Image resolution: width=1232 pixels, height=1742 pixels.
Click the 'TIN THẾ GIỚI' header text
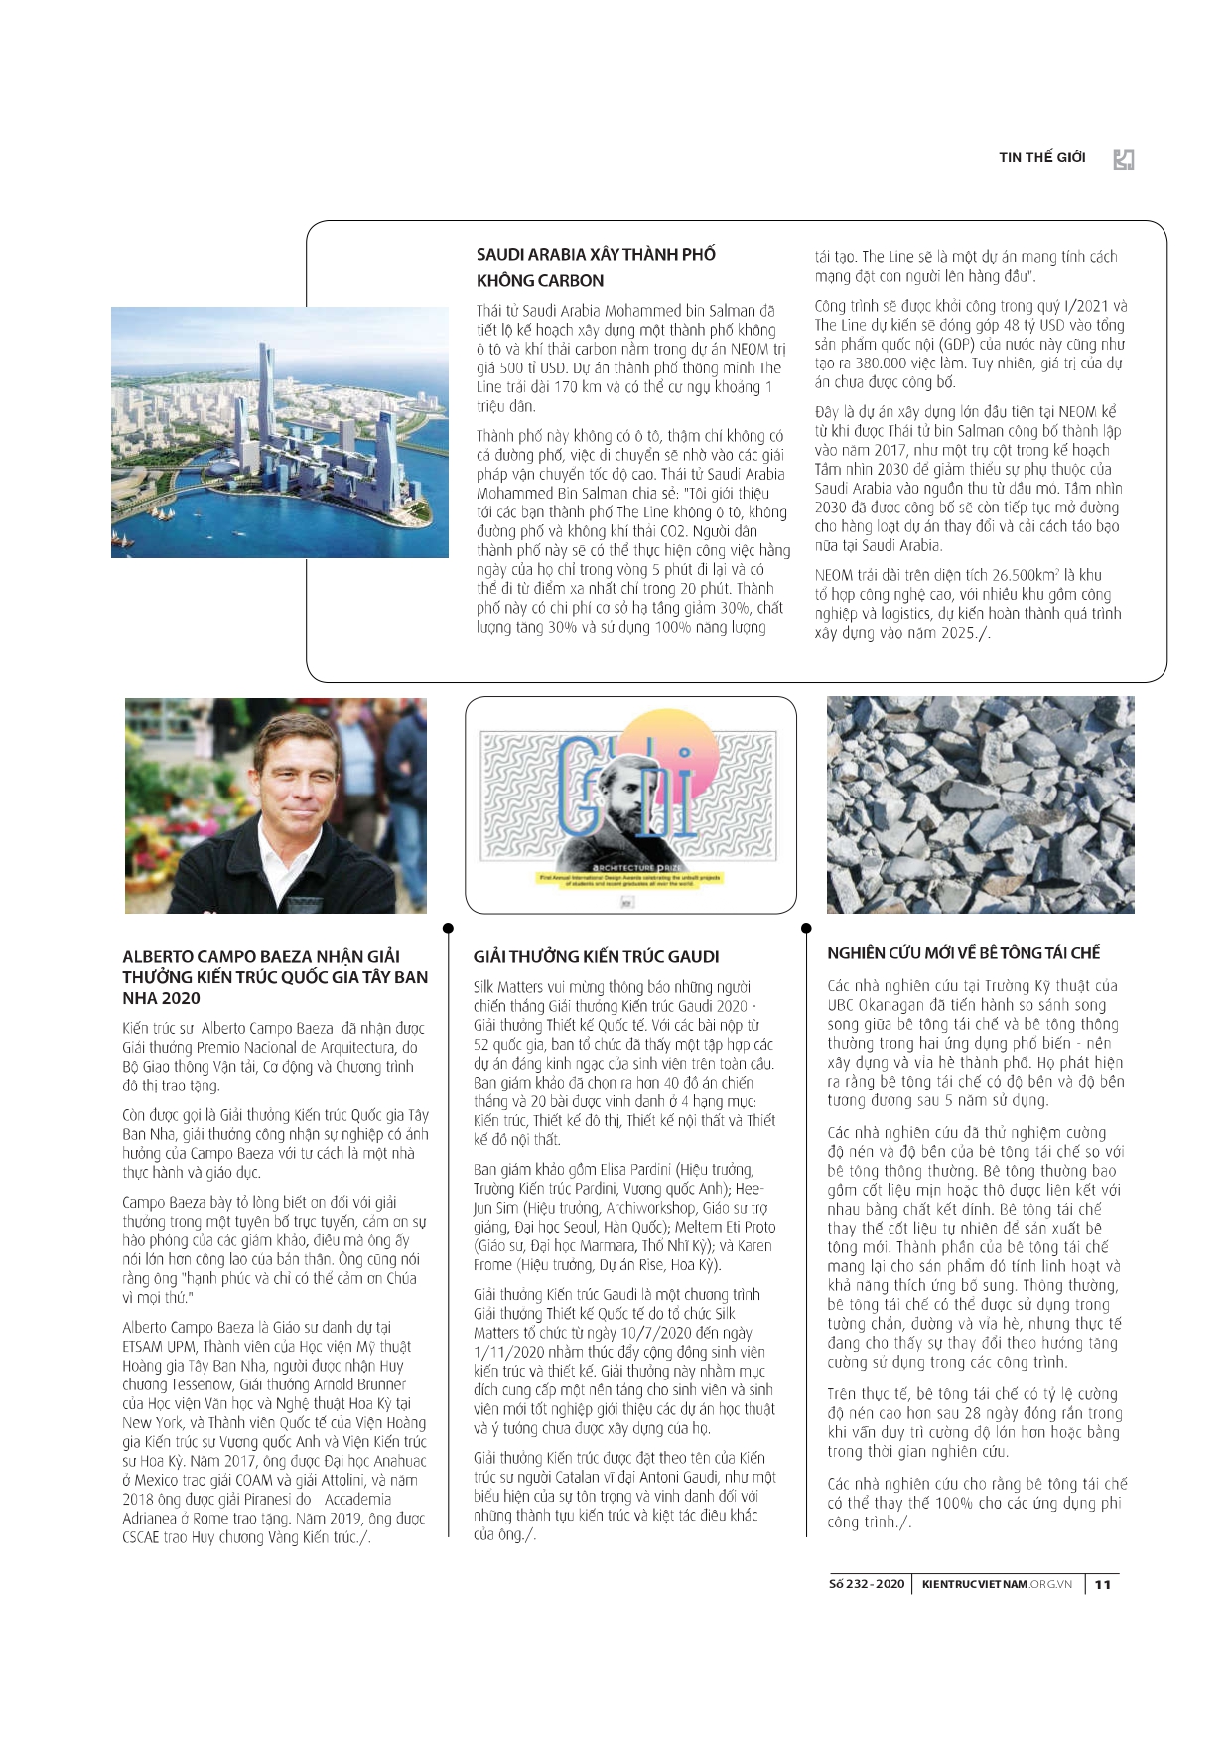1041,157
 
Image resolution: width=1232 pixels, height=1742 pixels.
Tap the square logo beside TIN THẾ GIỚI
1124,159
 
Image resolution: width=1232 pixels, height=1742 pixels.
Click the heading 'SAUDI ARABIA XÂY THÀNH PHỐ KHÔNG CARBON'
596,267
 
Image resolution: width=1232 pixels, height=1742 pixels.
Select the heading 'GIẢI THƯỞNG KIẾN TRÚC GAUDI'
596,956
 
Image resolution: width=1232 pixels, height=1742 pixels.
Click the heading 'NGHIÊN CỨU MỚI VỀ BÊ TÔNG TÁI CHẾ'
963,953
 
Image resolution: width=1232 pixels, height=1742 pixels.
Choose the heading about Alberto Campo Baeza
275,977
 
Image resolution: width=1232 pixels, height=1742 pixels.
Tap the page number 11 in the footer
1103,1584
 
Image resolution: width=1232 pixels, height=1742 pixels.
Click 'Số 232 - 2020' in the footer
867,1584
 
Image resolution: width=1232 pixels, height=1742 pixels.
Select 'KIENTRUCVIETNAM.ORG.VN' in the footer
997,1584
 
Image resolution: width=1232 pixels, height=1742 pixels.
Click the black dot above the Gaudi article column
448,928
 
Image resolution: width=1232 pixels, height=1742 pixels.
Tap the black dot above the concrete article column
806,928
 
